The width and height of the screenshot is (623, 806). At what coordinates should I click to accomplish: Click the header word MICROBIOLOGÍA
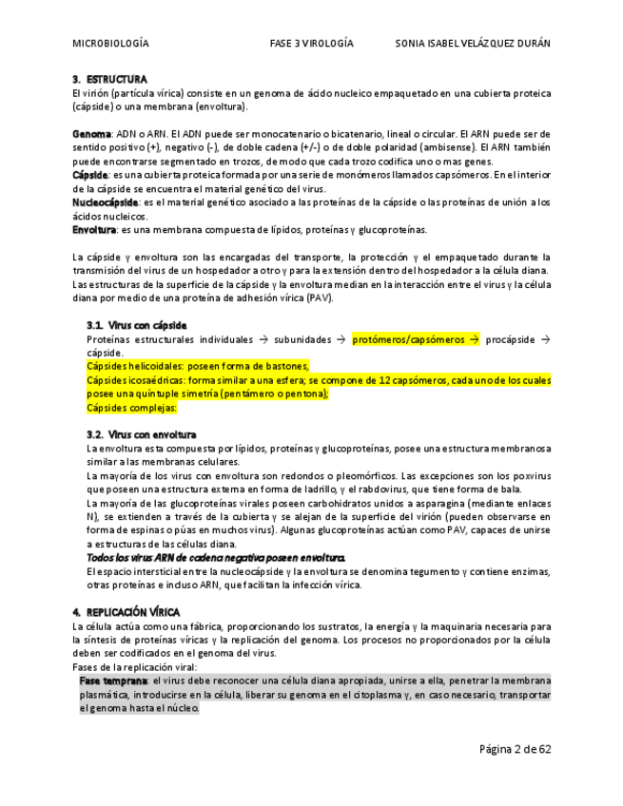pyautogui.click(x=110, y=44)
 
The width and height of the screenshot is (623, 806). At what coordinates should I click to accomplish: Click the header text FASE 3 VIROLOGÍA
pyautogui.click(x=311, y=44)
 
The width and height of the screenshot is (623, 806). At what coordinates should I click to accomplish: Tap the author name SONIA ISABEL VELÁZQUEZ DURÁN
pyautogui.click(x=472, y=44)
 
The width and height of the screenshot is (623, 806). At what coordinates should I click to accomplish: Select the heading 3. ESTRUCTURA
pyautogui.click(x=109, y=79)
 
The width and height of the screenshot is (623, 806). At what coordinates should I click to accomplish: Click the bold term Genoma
pyautogui.click(x=91, y=134)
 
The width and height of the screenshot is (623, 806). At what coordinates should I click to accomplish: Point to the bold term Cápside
pyautogui.click(x=89, y=175)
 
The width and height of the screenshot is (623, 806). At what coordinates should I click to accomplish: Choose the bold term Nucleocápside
pyautogui.click(x=105, y=202)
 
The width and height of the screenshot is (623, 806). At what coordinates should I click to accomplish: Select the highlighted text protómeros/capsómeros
pyautogui.click(x=409, y=339)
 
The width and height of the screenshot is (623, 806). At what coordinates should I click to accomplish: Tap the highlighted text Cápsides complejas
pyautogui.click(x=131, y=408)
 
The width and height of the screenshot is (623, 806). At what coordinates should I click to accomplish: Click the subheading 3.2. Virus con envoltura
pyautogui.click(x=141, y=434)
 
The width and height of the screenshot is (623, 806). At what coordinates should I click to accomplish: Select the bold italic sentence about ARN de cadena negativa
pyautogui.click(x=216, y=558)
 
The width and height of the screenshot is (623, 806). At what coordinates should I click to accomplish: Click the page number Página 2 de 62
pyautogui.click(x=515, y=749)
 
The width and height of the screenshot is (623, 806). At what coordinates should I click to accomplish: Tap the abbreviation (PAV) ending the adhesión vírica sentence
pyautogui.click(x=319, y=298)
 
